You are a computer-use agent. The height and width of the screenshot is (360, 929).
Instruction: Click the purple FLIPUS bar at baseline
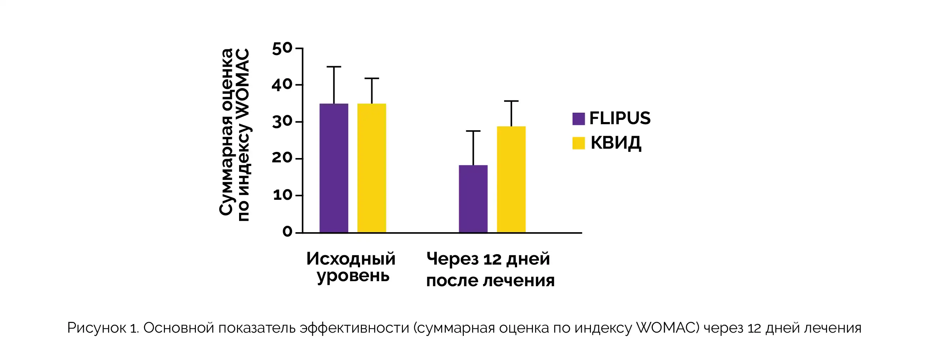point(333,168)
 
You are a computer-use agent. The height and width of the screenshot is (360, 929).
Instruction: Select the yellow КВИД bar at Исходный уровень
point(372,168)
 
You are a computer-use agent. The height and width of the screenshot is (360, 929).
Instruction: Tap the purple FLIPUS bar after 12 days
point(473,199)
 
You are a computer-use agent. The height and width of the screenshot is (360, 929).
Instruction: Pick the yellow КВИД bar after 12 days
point(511,179)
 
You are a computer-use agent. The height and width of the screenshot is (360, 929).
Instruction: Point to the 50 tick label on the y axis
point(282,49)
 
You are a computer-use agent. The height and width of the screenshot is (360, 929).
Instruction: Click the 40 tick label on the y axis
point(282,85)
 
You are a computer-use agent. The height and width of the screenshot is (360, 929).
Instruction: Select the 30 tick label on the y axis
point(282,122)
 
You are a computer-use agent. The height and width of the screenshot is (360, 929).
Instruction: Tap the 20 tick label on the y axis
point(282,158)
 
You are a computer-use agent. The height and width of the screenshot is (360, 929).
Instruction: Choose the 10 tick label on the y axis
point(282,195)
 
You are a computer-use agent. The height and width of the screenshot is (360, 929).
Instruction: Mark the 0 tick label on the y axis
point(287,232)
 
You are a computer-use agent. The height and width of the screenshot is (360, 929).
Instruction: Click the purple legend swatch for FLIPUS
point(578,119)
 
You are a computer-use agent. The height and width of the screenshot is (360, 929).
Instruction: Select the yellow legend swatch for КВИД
point(578,143)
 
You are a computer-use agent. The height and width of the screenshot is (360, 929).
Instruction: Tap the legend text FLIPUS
point(620,118)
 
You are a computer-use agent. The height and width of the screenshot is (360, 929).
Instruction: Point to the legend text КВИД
point(616,143)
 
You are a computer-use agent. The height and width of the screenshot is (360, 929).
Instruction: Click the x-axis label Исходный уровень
point(351,267)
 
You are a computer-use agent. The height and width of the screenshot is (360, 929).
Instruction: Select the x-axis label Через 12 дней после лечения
point(490,269)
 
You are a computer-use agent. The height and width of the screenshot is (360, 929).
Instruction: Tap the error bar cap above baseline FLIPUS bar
point(333,67)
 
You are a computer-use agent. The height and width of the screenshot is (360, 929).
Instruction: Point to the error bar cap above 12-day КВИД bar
point(511,101)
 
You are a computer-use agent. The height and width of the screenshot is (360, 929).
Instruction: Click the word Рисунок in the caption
point(96,328)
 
